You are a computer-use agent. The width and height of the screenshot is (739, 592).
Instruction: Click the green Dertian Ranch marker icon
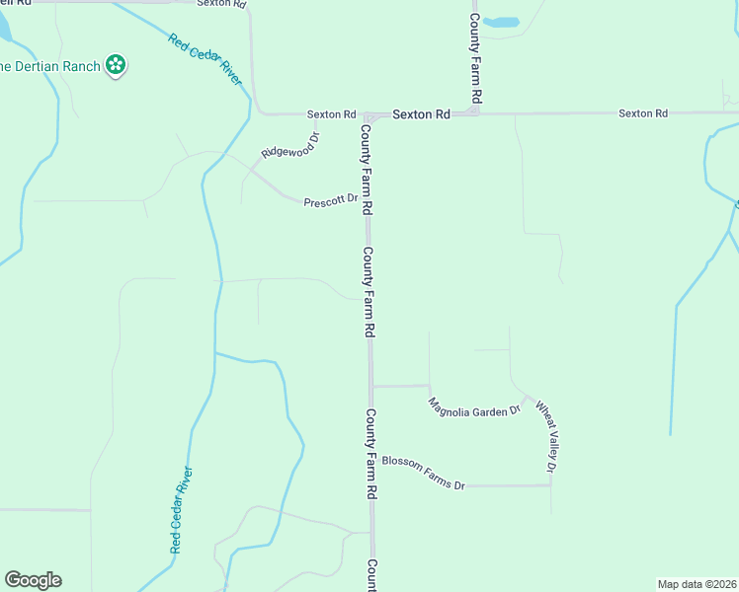coord(117,66)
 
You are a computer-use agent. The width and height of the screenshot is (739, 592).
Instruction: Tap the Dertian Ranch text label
coord(50,66)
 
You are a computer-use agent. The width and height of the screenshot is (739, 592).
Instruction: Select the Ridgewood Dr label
coord(290,146)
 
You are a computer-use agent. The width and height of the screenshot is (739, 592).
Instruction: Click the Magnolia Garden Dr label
coord(474,407)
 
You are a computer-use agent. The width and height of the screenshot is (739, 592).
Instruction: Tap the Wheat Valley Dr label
coord(546,434)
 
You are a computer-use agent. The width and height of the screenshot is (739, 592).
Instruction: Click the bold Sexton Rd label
coord(421,114)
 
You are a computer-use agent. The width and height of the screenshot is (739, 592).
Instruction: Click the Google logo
coord(33,580)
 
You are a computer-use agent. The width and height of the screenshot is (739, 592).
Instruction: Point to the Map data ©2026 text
coord(698,583)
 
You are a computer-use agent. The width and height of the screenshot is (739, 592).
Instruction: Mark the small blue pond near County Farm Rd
coord(503,22)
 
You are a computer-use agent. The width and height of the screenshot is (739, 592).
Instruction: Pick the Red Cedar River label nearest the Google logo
coord(180,509)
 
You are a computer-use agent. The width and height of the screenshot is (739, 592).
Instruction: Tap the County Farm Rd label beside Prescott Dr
coord(367,170)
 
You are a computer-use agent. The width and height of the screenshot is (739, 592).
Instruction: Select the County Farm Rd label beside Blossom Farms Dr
coord(372,453)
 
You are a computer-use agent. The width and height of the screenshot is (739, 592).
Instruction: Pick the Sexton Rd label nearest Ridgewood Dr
coord(331,114)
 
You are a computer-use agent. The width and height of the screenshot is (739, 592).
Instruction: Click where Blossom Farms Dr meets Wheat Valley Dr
coord(550,485)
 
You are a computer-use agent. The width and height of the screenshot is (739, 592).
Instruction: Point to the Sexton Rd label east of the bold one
coord(643,113)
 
